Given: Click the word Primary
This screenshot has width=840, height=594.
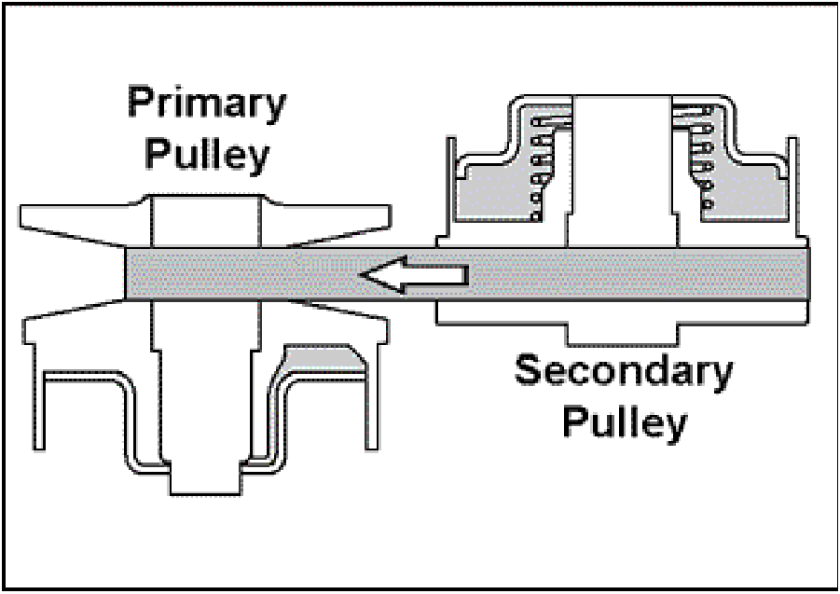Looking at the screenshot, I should click(x=206, y=104).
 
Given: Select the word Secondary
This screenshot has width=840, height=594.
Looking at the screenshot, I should click(x=624, y=373).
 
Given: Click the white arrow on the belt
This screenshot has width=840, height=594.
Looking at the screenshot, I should click(x=416, y=275).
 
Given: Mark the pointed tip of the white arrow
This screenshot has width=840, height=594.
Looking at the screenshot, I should click(x=362, y=275).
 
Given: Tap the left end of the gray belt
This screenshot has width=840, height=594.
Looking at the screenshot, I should click(x=129, y=274).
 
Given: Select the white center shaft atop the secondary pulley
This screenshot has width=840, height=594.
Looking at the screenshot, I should click(x=622, y=168).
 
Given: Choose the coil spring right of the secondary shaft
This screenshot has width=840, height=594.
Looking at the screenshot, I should click(x=701, y=154).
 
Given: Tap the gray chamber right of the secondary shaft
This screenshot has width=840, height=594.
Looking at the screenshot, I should click(x=746, y=196).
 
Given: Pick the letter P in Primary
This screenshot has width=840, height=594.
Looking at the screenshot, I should click(x=141, y=104).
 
